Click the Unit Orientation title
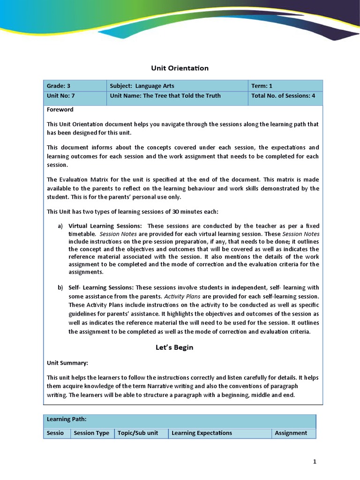pos(180,68)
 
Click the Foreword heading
pos(60,110)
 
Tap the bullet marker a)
pos(60,226)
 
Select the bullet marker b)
pos(60,287)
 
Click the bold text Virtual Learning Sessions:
pos(105,226)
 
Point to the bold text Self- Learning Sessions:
pos(101,287)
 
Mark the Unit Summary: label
pos(67,363)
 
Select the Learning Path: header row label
pos(67,419)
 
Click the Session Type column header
pos(91,433)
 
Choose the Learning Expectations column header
pos(202,433)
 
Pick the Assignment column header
pos(291,433)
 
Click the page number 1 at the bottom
pos(315,462)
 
